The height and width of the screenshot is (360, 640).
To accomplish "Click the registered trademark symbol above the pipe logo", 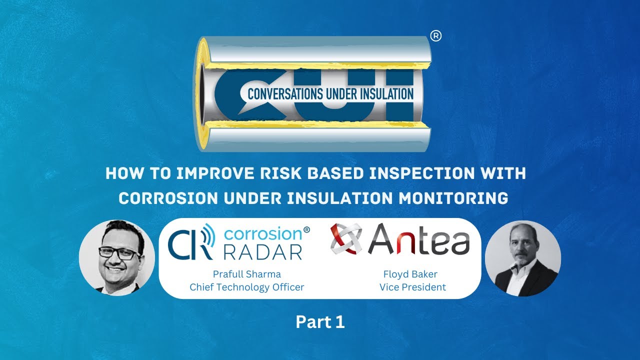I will coord(435,37).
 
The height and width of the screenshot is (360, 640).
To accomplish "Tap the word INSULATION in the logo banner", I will coord(385,93).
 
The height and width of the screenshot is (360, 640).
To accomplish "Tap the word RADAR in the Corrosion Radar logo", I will coord(262,251).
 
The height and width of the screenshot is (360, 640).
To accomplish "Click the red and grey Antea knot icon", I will coord(346,239).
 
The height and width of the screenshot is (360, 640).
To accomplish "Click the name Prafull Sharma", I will coord(247,274).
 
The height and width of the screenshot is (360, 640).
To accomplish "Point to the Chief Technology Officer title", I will coord(247,287).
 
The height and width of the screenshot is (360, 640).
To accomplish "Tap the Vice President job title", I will coord(412,287).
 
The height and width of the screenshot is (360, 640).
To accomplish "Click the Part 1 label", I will coord(320,322).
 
